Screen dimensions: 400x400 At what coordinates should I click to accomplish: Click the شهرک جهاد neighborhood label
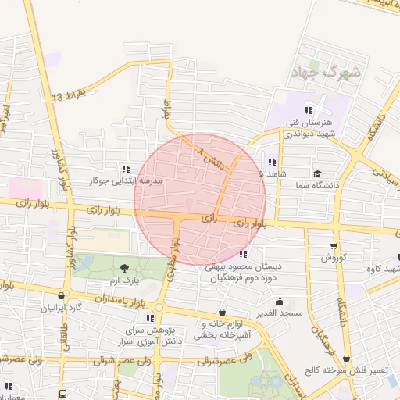click(x=326, y=73)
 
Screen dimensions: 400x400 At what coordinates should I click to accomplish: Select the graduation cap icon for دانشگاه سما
click(x=316, y=173)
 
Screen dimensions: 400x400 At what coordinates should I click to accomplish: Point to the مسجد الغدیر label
click(x=282, y=312)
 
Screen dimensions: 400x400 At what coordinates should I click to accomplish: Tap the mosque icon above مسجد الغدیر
click(x=280, y=301)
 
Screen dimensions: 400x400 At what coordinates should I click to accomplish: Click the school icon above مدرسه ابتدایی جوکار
click(x=125, y=169)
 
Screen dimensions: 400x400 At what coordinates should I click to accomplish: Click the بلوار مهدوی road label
click(x=173, y=259)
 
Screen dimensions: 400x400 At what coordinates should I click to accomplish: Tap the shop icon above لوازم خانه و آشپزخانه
click(x=223, y=312)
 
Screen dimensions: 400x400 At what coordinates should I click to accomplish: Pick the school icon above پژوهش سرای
click(x=150, y=318)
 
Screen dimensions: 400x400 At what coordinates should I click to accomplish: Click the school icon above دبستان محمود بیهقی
click(x=244, y=254)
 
